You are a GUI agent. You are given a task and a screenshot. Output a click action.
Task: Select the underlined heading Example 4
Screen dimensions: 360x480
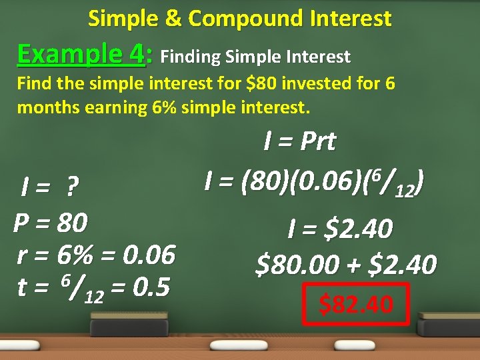pyautogui.click(x=81, y=53)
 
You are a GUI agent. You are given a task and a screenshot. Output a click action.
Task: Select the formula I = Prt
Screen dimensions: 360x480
pyautogui.click(x=299, y=141)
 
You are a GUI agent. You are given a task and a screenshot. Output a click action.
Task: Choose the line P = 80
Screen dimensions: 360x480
pyautogui.click(x=51, y=222)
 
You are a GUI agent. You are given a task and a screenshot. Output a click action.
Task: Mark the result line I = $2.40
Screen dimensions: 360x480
pyautogui.click(x=339, y=229)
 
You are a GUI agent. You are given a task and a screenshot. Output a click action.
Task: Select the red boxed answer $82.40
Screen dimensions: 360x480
pyautogui.click(x=356, y=304)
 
